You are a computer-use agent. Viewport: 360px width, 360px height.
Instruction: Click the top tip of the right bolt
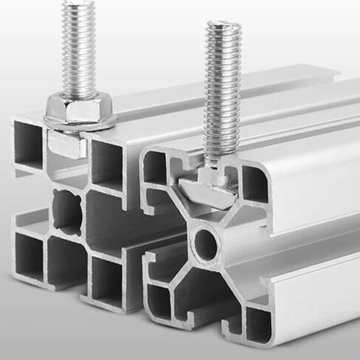[224, 27]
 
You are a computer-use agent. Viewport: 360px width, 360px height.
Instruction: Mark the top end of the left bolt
[79, 4]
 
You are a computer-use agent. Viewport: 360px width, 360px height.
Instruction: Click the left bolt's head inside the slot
[67, 145]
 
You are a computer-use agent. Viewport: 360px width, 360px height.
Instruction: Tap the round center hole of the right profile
[206, 244]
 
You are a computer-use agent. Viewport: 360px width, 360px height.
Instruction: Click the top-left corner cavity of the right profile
[156, 168]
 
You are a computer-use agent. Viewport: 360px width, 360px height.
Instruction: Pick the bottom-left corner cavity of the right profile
[158, 300]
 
